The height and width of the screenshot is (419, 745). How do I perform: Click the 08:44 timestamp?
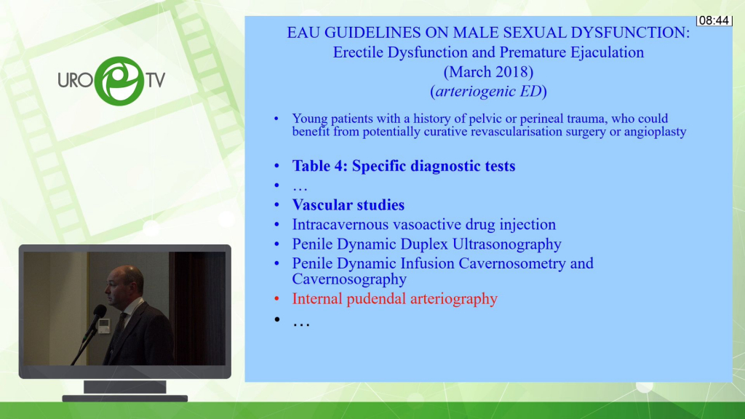point(714,20)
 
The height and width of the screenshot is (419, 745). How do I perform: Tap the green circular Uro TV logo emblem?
point(119,81)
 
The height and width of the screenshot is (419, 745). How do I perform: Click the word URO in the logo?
point(75,80)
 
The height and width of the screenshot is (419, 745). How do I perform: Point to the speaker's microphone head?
point(99,312)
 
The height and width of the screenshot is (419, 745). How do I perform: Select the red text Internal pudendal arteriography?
point(395,299)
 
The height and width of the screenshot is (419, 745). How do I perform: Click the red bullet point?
point(277,299)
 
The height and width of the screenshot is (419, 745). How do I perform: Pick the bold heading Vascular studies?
point(348,204)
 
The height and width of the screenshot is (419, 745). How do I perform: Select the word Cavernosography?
point(349,279)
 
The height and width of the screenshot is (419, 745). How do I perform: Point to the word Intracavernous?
point(340,224)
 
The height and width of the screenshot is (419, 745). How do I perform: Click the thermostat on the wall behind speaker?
point(104,325)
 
